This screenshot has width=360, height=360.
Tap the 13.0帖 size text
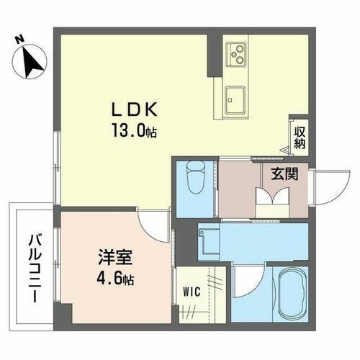(x=134, y=132)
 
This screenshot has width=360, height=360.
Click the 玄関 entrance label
(x=284, y=174)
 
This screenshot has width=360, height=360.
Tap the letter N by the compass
(x=19, y=40)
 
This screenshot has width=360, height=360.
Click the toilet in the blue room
(x=194, y=176)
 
